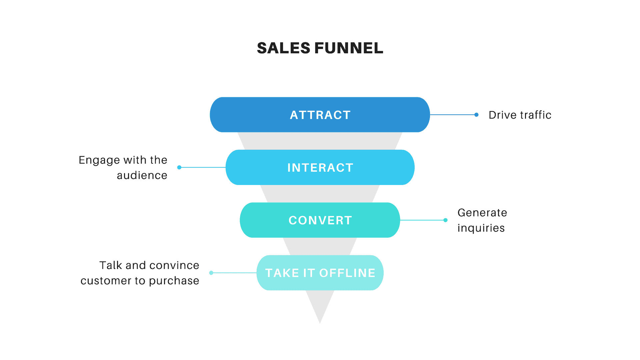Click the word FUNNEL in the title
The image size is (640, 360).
tap(349, 48)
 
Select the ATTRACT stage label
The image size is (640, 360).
tap(320, 115)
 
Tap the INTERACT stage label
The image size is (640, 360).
tap(320, 168)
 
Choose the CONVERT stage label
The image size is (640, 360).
tap(320, 220)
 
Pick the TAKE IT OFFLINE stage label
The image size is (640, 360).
tap(320, 273)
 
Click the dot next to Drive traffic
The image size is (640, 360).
tap(476, 115)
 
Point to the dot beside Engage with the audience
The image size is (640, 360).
tap(179, 167)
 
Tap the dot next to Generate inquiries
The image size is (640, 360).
tap(445, 220)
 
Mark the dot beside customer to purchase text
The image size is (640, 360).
tap(211, 273)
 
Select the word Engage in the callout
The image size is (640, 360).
tap(99, 160)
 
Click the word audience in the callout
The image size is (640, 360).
tap(142, 175)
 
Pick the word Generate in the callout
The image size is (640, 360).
tap(482, 213)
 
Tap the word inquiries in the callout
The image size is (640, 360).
tap(481, 228)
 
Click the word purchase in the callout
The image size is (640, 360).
tap(174, 281)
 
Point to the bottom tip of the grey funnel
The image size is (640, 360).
tap(320, 322)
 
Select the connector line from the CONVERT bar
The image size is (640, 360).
tap(422, 220)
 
